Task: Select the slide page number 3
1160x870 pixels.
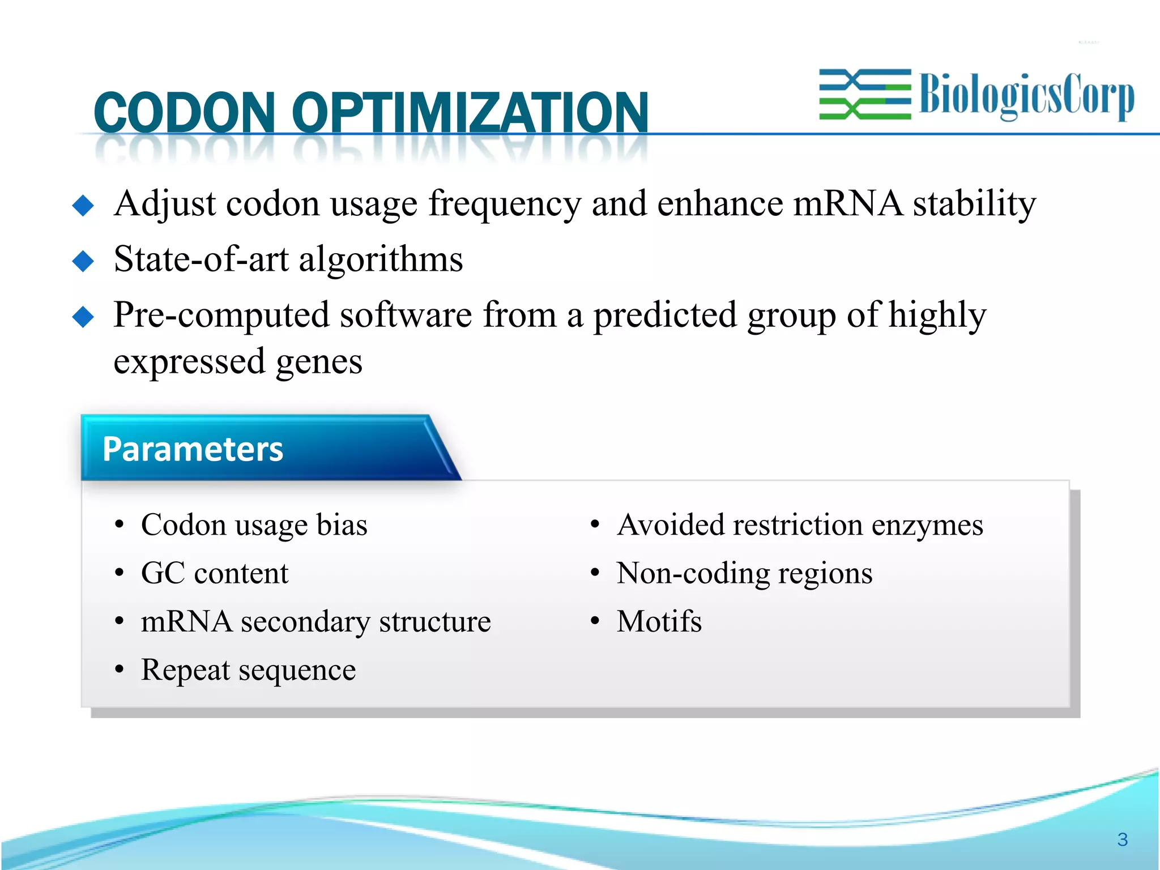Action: (1122, 839)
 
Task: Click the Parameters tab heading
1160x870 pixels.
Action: (193, 449)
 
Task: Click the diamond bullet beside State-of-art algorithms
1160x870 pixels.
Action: (83, 261)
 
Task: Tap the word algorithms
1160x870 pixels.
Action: (381, 259)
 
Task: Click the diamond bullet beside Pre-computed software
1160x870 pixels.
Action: (83, 317)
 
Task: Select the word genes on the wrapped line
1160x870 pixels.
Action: (319, 362)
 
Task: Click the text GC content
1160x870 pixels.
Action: (215, 573)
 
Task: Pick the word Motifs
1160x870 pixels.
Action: (659, 621)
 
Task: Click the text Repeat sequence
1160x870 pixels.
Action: (248, 670)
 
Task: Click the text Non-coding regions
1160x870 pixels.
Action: (745, 573)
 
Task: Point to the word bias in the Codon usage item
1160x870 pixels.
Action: (342, 524)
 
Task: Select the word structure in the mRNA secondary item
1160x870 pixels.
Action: (435, 621)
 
